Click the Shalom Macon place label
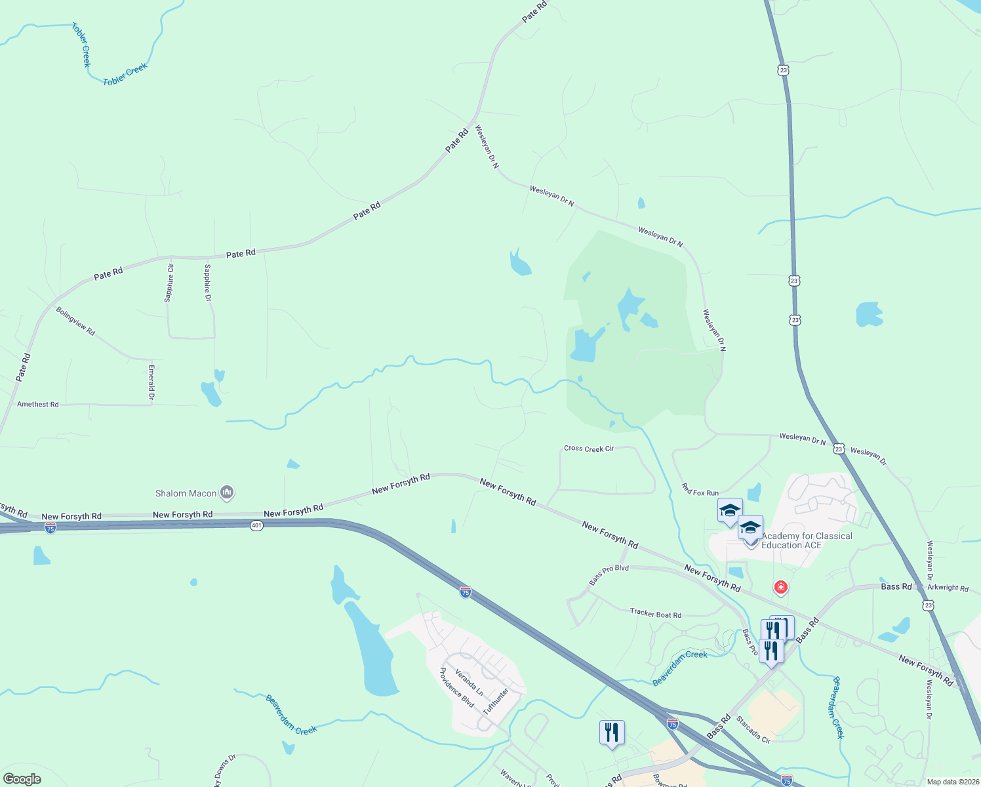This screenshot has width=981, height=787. (186, 493)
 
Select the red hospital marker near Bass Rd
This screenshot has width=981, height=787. (780, 587)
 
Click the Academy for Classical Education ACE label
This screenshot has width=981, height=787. (807, 540)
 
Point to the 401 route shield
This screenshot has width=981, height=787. (256, 525)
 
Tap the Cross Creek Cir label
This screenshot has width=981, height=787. (589, 449)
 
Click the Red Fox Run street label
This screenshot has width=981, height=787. (700, 489)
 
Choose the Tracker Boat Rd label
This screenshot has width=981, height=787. (655, 614)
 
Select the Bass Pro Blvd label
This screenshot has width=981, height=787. (609, 575)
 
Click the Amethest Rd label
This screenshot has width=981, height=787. (38, 404)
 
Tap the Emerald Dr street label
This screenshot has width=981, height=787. (151, 383)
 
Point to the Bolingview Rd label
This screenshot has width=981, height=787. (75, 321)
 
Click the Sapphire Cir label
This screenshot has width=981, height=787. (170, 283)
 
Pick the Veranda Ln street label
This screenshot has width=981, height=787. (470, 683)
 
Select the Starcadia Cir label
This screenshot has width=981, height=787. (753, 730)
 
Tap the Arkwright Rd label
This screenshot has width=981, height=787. (948, 588)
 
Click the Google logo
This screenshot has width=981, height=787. (22, 779)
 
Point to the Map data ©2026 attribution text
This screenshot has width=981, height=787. (951, 782)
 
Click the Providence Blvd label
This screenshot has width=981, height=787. (456, 687)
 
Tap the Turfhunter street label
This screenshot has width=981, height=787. (496, 701)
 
